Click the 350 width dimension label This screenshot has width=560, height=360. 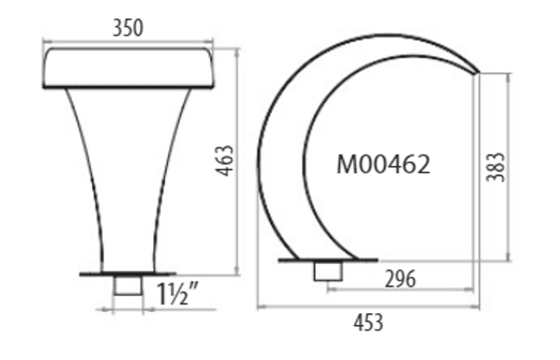[128, 28]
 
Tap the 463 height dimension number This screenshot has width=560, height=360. [225, 160]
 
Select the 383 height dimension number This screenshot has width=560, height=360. [496, 167]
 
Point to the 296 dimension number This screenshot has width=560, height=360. [400, 279]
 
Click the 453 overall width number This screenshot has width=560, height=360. [369, 322]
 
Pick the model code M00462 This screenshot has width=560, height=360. [384, 165]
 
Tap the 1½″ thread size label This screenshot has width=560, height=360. [178, 294]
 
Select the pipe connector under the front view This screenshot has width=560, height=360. [128, 285]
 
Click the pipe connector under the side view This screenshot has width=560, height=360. [328, 271]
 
